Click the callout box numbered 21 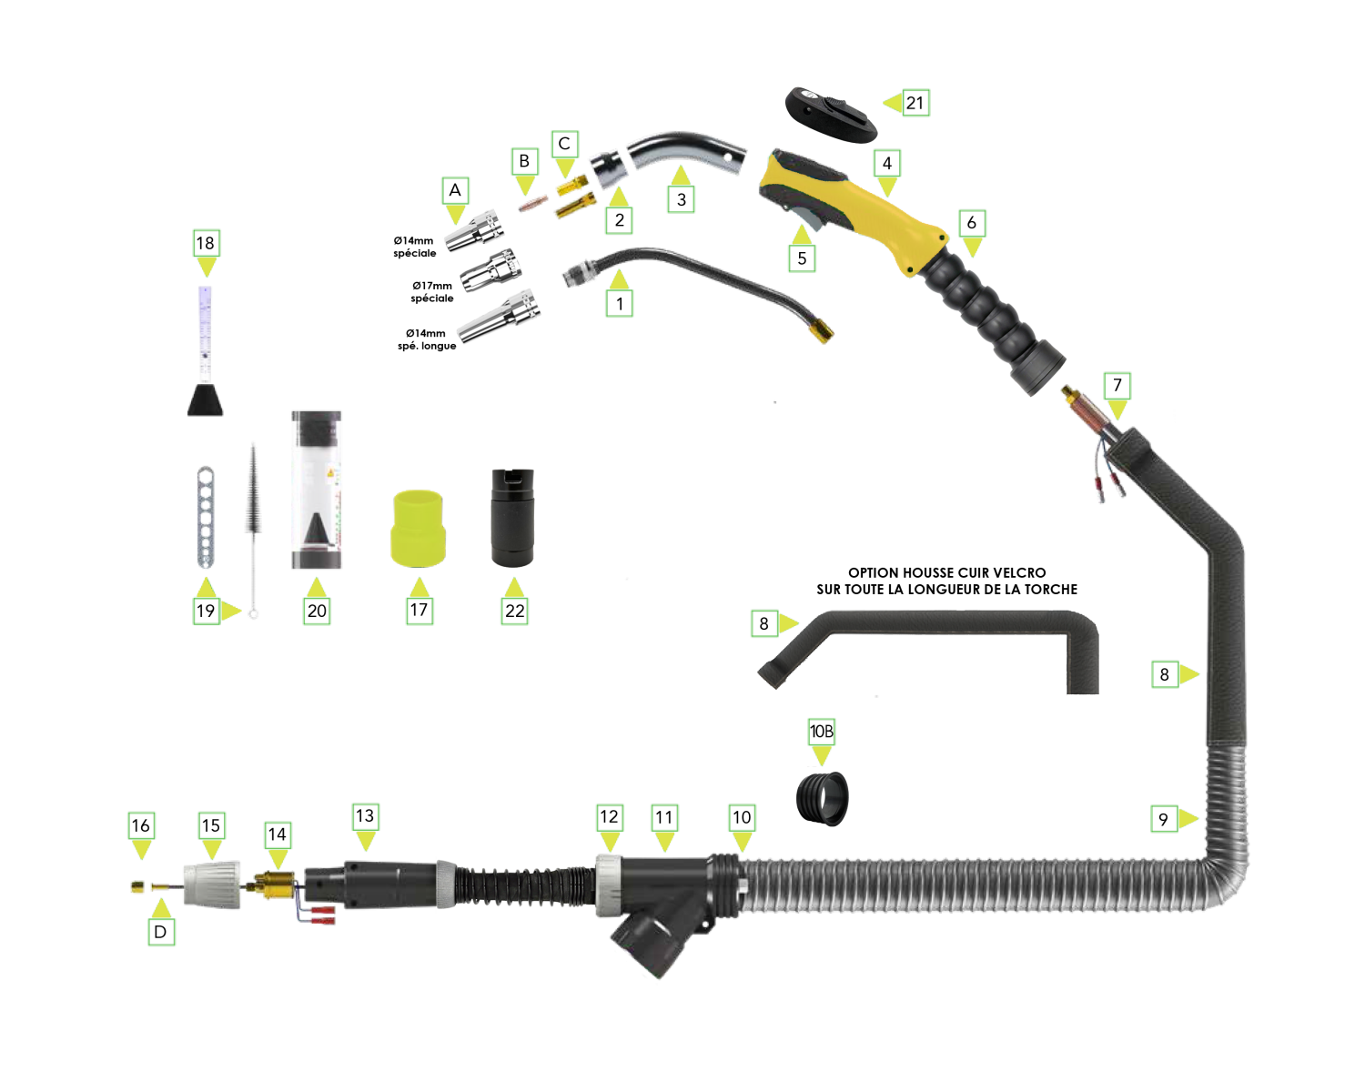[x=914, y=103]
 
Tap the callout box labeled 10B [x=822, y=732]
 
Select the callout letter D [x=160, y=932]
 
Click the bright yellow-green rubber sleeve [x=418, y=528]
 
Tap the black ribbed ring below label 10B [x=823, y=798]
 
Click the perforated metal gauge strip [x=206, y=517]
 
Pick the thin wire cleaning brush [x=253, y=530]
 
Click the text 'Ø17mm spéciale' [x=432, y=292]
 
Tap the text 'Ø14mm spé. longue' [x=426, y=339]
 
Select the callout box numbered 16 [x=141, y=825]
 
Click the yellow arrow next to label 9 [x=1188, y=819]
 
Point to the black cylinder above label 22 [x=513, y=517]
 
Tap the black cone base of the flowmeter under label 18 [x=206, y=399]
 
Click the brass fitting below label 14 [x=273, y=885]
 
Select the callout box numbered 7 [x=1117, y=386]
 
